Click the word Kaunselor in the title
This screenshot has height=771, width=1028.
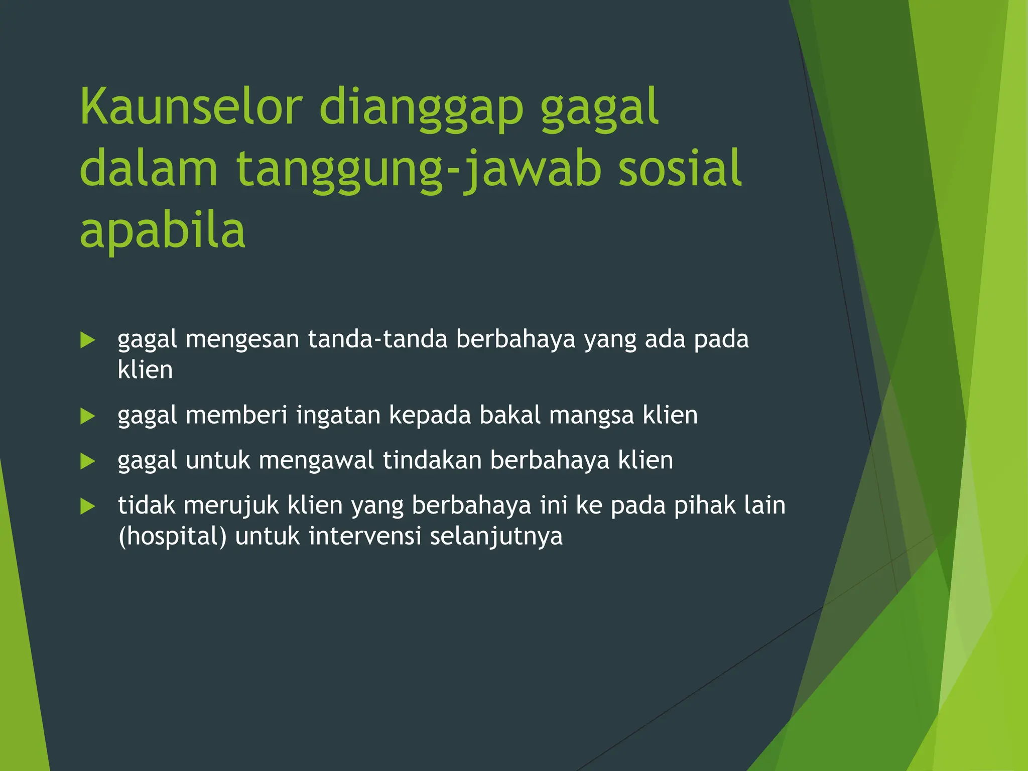191,107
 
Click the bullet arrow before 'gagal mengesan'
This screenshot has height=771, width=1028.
88,340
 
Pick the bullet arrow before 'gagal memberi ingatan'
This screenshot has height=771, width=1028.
88,416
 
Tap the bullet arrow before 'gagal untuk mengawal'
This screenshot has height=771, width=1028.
88,461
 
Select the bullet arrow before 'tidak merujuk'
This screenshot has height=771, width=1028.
88,506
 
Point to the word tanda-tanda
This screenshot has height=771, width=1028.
377,339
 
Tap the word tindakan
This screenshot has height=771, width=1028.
432,460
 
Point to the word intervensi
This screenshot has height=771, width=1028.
365,536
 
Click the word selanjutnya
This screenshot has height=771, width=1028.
496,537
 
